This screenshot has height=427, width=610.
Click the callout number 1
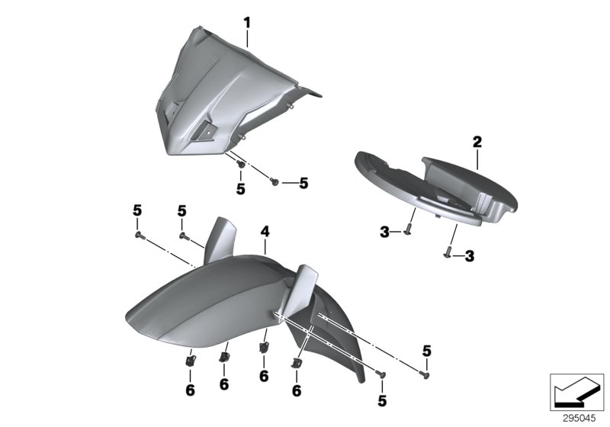pyautogui.click(x=247, y=22)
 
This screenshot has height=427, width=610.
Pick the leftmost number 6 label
pyautogui.click(x=190, y=390)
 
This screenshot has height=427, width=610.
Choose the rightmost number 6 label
pyautogui.click(x=295, y=390)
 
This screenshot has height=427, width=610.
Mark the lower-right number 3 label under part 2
pyautogui.click(x=469, y=257)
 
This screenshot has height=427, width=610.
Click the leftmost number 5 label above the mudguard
pyautogui.click(x=138, y=210)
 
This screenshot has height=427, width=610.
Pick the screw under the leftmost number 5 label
pyautogui.click(x=140, y=236)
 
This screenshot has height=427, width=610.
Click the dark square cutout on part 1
pyautogui.click(x=208, y=132)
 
